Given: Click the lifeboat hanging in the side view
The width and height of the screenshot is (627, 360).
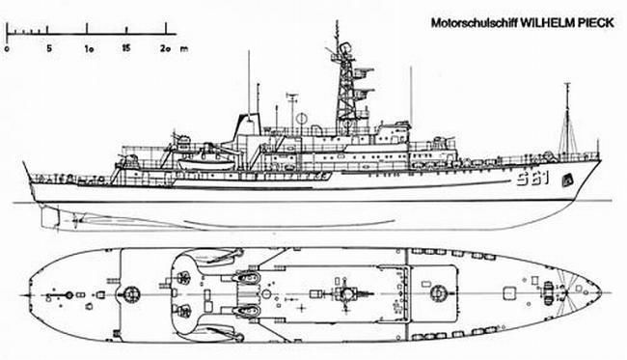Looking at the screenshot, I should (x=201, y=157).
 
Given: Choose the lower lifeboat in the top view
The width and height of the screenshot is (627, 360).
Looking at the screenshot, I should (x=245, y=309).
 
